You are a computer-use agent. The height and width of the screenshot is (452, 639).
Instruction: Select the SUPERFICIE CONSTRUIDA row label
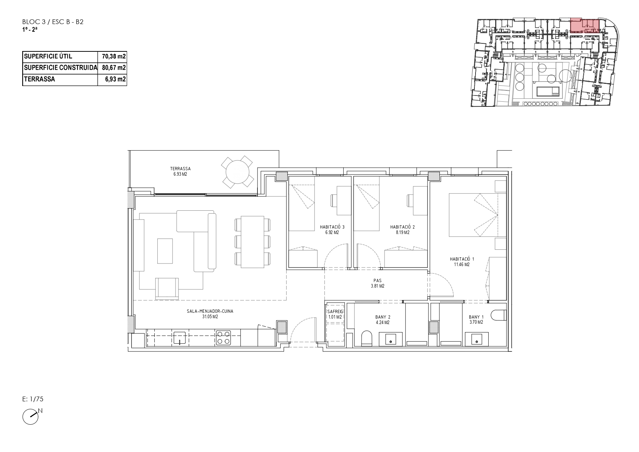(x=60, y=68)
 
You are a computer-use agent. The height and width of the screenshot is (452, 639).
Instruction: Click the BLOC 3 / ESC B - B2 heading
(x=53, y=22)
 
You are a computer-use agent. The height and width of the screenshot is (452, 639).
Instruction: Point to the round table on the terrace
(x=238, y=171)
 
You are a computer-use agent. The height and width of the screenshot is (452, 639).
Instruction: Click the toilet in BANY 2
(x=367, y=338)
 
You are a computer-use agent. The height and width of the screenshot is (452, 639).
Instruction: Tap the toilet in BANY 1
(x=498, y=315)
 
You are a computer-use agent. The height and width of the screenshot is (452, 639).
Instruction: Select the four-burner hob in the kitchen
(x=224, y=338)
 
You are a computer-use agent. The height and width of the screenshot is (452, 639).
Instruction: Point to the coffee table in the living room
(x=165, y=251)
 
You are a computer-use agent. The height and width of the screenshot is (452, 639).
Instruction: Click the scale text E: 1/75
(x=33, y=399)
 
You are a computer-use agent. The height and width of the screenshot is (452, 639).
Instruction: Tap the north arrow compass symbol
(x=31, y=417)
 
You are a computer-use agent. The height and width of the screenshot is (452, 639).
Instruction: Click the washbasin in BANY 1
(x=477, y=339)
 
